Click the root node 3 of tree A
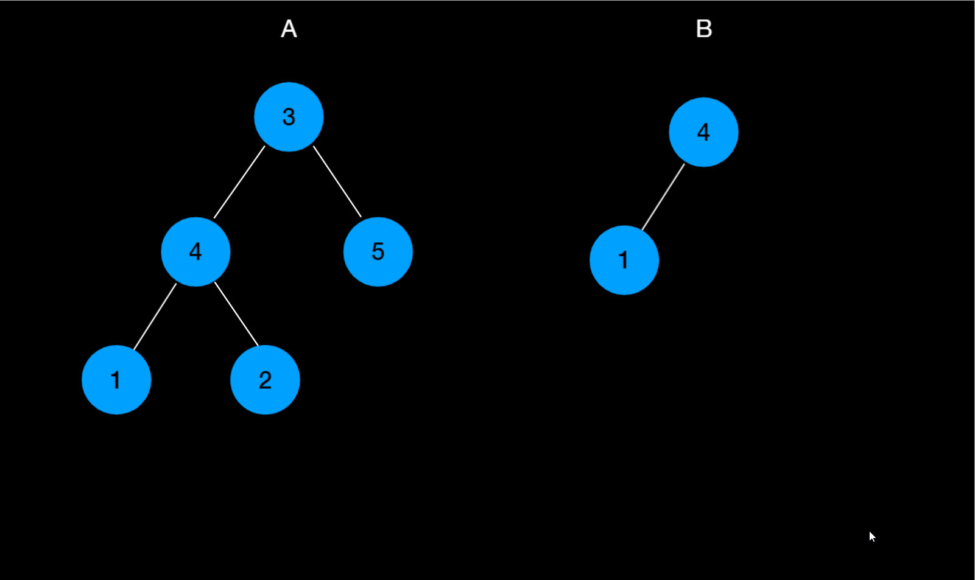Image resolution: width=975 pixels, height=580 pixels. click(x=289, y=117)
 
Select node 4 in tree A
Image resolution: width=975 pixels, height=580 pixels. click(x=195, y=251)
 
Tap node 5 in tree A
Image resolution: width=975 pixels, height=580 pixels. click(x=378, y=251)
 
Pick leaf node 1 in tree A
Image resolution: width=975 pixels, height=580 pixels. click(x=116, y=380)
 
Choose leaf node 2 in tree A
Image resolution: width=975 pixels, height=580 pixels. click(x=265, y=380)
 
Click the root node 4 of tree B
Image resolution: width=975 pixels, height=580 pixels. click(x=703, y=132)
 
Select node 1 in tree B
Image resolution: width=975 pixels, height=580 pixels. click(x=624, y=260)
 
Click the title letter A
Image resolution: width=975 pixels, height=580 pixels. click(x=289, y=29)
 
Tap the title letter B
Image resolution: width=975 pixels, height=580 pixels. click(x=703, y=29)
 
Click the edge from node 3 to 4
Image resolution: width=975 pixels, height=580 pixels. click(x=239, y=182)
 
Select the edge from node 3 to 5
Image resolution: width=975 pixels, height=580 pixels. click(x=337, y=181)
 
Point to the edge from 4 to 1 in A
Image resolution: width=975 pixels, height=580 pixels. click(x=155, y=316)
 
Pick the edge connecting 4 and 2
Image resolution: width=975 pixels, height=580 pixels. click(x=237, y=315)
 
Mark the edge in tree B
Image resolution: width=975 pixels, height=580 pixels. click(x=663, y=197)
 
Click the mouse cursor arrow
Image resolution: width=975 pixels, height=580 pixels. click(x=872, y=536)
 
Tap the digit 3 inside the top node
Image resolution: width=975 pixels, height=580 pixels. click(x=289, y=117)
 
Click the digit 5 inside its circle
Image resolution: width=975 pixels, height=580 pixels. click(x=378, y=251)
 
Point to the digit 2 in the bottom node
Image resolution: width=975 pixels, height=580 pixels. click(x=265, y=380)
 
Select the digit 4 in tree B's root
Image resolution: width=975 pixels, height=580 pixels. click(x=703, y=132)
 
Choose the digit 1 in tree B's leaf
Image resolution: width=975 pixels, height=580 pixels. click(x=623, y=260)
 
